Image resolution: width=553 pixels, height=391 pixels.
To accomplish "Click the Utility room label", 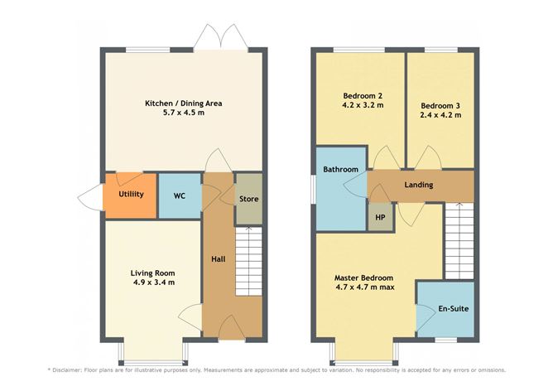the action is point(131,194).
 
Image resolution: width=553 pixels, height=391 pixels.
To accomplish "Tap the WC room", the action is point(180,195).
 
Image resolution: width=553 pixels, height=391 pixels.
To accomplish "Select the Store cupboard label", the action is point(249,199).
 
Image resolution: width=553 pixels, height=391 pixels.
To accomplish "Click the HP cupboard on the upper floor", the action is point(380,217).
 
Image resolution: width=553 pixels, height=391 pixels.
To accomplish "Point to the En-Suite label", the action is point(454,309).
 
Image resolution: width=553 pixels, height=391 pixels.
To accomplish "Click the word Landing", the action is point(419,185).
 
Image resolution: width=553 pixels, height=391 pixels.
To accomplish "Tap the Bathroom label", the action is point(341,169).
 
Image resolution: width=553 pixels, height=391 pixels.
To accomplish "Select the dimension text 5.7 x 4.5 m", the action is point(184,113).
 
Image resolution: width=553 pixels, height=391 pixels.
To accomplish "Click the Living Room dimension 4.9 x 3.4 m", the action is point(154,282).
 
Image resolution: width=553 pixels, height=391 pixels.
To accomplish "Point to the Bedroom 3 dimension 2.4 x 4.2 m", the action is point(441,115).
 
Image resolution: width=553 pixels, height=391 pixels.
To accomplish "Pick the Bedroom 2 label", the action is point(363,96).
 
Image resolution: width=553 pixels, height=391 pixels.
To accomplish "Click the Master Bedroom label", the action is point(364,278).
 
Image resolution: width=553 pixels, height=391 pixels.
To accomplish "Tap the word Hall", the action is point(219,259).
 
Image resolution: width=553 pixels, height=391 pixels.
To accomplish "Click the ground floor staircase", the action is point(248,261).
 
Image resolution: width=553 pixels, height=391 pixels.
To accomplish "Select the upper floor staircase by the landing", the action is point(459,241).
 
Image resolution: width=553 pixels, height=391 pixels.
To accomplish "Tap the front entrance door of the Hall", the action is point(232,326).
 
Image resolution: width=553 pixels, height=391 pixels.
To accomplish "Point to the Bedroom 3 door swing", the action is point(428,157).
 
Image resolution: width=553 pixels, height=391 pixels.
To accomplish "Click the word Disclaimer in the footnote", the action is point(67,370).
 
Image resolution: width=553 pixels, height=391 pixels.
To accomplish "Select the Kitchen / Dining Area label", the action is point(184,104).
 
